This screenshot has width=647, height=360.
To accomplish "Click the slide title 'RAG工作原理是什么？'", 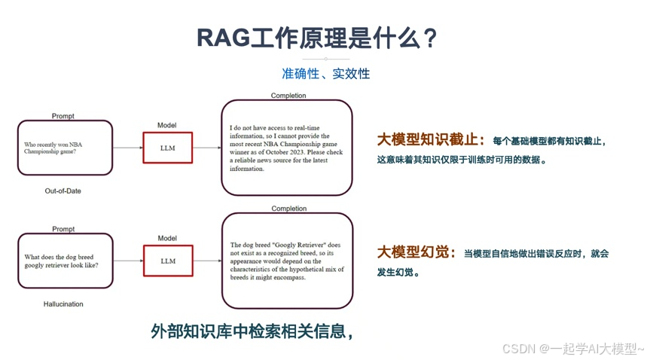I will coord(317,38).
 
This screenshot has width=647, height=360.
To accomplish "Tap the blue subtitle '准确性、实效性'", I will coord(325,74).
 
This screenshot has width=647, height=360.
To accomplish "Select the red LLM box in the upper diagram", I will coord(167,148).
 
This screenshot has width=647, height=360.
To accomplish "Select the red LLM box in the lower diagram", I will coord(167,261).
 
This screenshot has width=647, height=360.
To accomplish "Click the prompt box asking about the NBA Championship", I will coord(65,148).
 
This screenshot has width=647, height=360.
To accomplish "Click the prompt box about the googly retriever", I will coord(65,261).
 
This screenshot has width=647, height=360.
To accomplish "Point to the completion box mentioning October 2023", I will coord(286,148).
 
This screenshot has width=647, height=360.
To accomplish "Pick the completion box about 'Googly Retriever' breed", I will coord(286,261).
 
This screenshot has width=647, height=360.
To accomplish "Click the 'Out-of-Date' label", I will coord(63,191).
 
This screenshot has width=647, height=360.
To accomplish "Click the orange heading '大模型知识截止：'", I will coord(431,140).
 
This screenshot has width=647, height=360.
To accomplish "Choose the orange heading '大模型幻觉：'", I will coord(416,252).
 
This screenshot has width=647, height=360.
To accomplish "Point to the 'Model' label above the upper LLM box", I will coord(166,125).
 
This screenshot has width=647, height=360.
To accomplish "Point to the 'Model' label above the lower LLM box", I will coord(166,238).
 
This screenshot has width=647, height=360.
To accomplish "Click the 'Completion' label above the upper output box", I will coord(288,96).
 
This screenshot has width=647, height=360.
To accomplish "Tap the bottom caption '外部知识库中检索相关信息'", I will coord(252,331).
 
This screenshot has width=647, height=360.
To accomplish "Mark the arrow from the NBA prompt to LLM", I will coord(127,148).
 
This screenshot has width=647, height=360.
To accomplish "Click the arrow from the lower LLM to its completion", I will coord(206,261).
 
